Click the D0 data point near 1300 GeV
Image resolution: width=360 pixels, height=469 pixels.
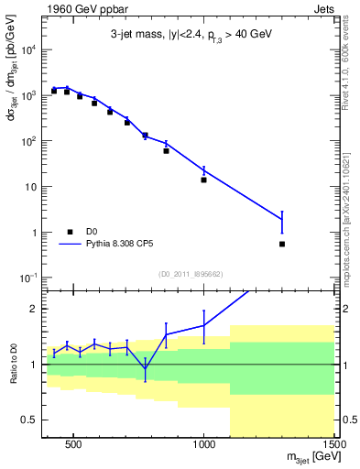point(282,244)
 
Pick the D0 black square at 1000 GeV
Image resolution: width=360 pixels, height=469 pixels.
point(203,180)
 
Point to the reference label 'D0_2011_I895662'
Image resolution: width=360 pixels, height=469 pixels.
point(191,273)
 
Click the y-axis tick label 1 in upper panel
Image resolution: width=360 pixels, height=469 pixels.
point(35,233)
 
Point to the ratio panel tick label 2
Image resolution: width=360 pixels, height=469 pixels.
point(36,309)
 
